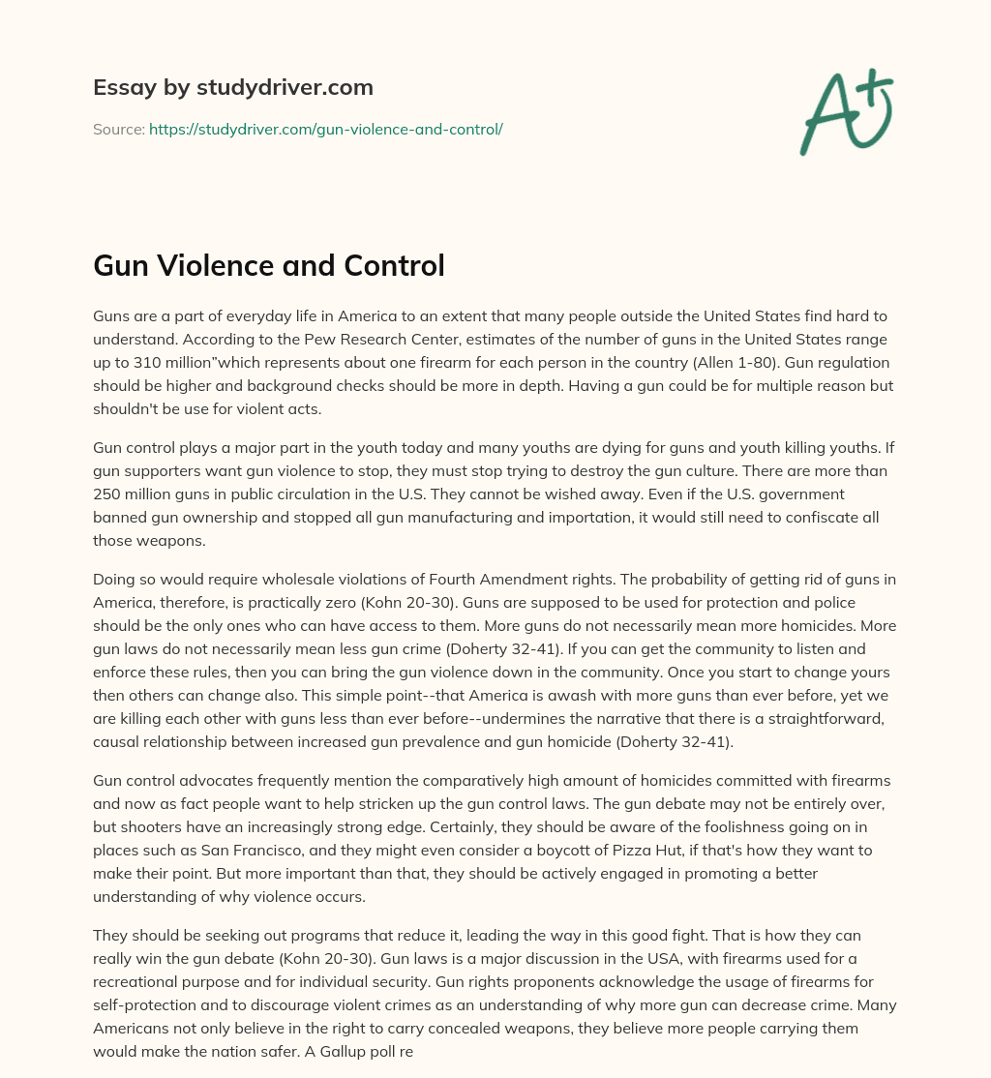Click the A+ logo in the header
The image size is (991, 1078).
(x=846, y=112)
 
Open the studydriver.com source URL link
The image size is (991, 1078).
(x=325, y=129)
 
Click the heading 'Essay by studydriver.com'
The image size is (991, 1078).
(x=232, y=88)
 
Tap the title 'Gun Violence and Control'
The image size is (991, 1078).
(x=268, y=265)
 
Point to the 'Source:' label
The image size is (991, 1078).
(x=118, y=129)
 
